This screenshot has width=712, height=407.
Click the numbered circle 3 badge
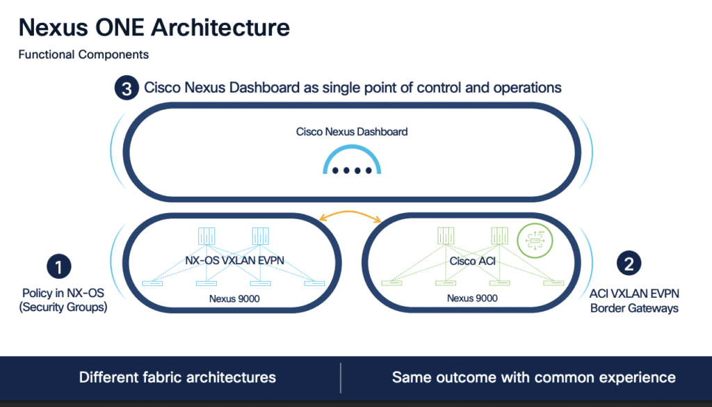pos(125,89)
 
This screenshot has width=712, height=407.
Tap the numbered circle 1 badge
pos(59,266)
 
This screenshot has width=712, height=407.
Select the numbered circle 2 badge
pos(629,263)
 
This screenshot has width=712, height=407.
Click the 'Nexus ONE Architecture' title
pos(154,28)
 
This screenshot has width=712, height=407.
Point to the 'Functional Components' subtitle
pos(83,54)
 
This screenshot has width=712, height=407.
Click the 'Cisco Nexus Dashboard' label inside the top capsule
pos(352,131)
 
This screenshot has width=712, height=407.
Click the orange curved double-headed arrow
pos(350,216)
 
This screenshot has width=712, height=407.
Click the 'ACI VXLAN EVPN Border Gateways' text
pos(629,301)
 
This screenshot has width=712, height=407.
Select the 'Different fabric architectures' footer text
pos(177,377)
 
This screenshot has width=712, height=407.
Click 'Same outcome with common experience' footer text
pos(533,377)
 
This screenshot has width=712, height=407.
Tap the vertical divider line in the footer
pos(341,378)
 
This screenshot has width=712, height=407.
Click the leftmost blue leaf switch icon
pos(152,282)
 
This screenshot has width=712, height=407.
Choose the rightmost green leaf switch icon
pos(553,282)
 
